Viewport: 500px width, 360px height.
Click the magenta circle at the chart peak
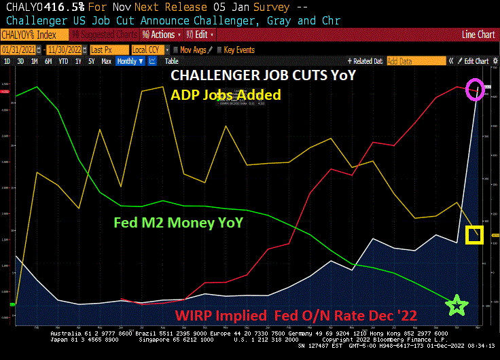pos(476,89)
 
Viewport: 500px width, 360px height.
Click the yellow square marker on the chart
pos(474,235)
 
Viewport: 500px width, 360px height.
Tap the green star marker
pos(458,306)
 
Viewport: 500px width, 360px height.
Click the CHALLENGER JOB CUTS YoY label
pos(262,75)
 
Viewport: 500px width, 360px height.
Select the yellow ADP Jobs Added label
pos(226,94)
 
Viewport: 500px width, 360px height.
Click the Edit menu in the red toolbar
pos(202,34)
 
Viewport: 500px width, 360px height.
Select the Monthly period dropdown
pos(130,61)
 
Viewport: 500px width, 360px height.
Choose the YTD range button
pos(63,61)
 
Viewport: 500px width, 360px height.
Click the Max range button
pos(106,61)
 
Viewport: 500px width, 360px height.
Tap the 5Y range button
pos(92,61)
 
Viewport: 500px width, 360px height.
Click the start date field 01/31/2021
pos(19,50)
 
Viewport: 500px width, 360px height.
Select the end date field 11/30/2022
pos(66,50)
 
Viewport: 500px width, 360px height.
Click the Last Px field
pos(107,50)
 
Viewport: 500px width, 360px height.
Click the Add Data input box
pos(425,61)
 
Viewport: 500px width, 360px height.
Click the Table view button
pos(172,61)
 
